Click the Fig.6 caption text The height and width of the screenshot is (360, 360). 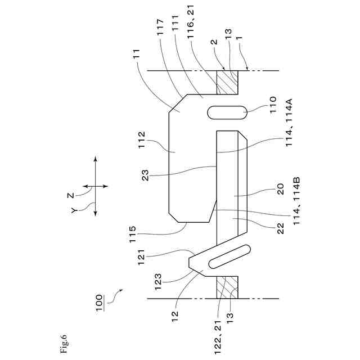[x=64, y=344]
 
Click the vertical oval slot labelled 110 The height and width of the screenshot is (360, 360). [x=228, y=112]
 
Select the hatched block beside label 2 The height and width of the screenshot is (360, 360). [x=228, y=82]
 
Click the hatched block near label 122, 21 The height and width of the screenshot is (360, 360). [x=228, y=287]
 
